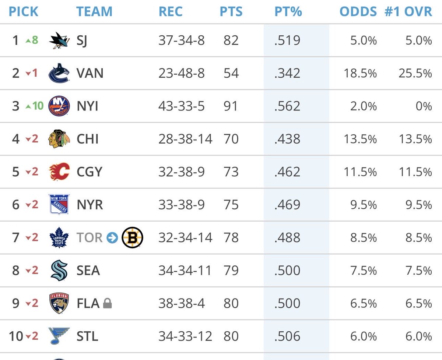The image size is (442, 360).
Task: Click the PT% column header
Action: pyautogui.click(x=288, y=11)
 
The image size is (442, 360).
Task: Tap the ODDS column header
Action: pyautogui.click(x=358, y=11)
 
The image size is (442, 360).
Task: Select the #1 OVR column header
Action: pyautogui.click(x=408, y=11)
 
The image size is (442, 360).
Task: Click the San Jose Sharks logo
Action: pyautogui.click(x=59, y=40)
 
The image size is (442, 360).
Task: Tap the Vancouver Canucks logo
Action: pyautogui.click(x=59, y=73)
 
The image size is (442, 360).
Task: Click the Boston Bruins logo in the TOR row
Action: pyautogui.click(x=132, y=238)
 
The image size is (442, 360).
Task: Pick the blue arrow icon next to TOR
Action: pyautogui.click(x=112, y=238)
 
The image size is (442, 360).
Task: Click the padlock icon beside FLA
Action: pyautogui.click(x=107, y=304)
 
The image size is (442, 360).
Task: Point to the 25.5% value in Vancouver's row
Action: pyautogui.click(x=415, y=73)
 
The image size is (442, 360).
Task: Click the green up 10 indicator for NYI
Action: pyautogui.click(x=34, y=106)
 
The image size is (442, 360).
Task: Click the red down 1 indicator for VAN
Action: pyautogui.click(x=32, y=73)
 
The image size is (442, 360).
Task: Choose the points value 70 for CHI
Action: pyautogui.click(x=231, y=139)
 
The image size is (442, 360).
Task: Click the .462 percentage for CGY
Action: pyautogui.click(x=287, y=172)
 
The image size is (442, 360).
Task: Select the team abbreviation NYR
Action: pyautogui.click(x=90, y=205)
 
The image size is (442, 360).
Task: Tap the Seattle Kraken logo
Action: pyautogui.click(x=59, y=271)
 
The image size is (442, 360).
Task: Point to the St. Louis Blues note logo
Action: pyautogui.click(x=59, y=336)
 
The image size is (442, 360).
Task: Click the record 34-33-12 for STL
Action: pyautogui.click(x=185, y=336)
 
